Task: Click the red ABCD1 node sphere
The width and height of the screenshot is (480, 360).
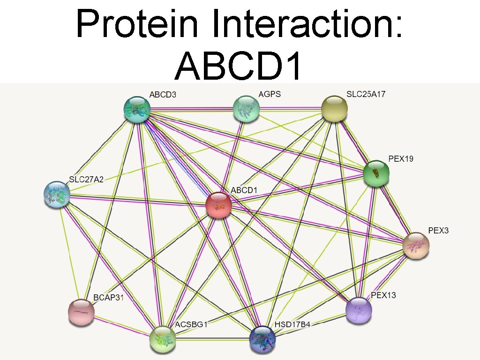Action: coord(219,205)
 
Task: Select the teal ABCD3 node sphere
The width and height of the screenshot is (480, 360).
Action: coord(137,109)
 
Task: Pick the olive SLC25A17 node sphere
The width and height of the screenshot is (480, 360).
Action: coord(334,108)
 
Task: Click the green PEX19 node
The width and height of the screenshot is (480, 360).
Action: coord(376,173)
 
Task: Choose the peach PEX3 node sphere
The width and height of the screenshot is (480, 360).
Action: coord(416,245)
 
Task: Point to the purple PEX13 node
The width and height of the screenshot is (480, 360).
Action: coord(359,309)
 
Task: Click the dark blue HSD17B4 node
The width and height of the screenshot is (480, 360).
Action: coord(262,339)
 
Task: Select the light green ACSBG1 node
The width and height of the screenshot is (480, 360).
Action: coord(163,339)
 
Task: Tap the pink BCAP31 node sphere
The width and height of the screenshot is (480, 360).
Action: coord(81,312)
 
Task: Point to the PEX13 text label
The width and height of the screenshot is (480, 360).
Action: coord(383,295)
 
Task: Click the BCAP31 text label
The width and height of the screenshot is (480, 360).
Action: coord(108,297)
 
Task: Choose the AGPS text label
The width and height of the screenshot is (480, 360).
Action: coord(270,94)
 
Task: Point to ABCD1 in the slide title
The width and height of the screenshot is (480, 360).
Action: coord(238,65)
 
